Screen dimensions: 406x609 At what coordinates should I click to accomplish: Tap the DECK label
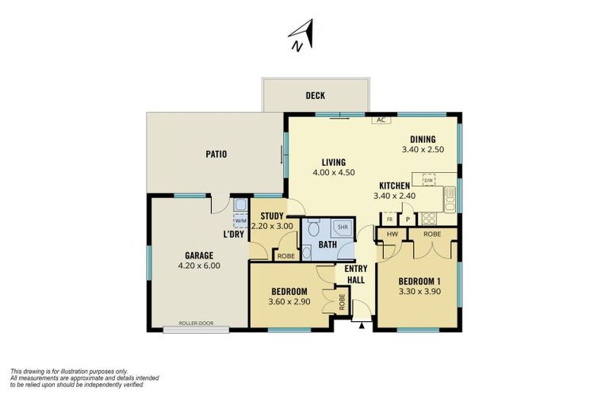(316, 96)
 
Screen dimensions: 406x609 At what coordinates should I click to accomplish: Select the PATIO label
(216, 154)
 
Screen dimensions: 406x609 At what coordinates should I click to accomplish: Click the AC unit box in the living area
(381, 120)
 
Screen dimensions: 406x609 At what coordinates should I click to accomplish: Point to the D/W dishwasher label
(428, 181)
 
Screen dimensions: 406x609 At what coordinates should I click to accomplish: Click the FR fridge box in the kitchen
(389, 220)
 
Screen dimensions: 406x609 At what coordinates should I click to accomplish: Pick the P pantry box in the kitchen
(408, 220)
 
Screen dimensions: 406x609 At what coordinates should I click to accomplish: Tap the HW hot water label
(392, 234)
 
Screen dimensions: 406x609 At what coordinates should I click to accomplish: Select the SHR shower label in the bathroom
(343, 227)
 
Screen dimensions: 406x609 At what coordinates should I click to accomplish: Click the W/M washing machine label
(239, 221)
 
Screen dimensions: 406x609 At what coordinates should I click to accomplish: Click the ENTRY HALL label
(354, 274)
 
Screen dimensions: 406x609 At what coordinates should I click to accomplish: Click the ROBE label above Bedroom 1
(432, 234)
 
